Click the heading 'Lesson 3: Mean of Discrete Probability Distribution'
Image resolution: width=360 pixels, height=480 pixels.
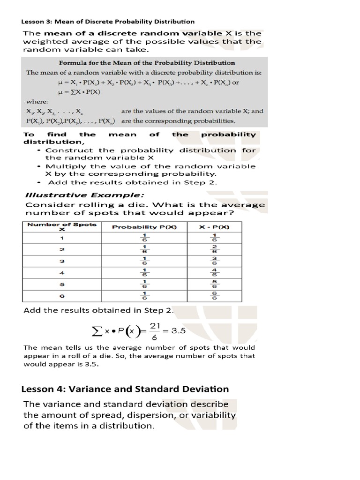tap(108, 21)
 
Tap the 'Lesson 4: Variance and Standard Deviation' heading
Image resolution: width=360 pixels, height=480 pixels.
tap(125, 389)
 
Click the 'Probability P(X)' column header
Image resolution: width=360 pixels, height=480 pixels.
tap(143, 227)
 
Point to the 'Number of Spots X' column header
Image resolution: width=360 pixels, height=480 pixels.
tap(61, 227)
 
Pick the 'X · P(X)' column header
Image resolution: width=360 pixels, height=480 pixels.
tap(214, 227)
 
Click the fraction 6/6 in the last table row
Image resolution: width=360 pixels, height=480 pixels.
tap(214, 296)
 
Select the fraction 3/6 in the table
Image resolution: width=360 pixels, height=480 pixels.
tap(214, 261)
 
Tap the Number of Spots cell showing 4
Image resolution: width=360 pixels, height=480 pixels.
tap(61, 273)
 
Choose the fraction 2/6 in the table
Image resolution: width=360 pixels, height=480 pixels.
tap(214, 249)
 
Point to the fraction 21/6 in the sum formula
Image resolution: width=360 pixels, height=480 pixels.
tap(151, 331)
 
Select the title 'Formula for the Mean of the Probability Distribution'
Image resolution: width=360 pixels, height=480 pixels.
tap(147, 62)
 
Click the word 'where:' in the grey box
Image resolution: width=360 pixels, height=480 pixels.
tap(37, 101)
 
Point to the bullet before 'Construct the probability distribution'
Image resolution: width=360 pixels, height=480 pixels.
tap(39, 150)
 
